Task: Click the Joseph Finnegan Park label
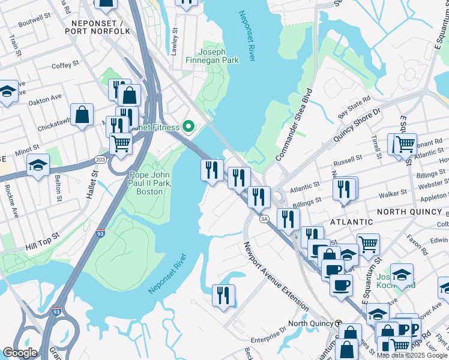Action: click(220, 56)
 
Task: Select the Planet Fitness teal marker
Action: click(188, 127)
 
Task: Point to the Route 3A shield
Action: click(264, 219)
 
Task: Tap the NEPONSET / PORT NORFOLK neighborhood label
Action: click(100, 31)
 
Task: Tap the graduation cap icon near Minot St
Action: click(38, 165)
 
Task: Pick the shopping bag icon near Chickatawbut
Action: click(82, 114)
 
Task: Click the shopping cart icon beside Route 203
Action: click(121, 144)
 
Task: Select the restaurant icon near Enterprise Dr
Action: click(223, 295)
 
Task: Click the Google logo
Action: click(20, 353)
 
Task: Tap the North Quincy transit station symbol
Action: click(338, 323)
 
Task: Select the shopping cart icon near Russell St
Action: click(405, 144)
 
